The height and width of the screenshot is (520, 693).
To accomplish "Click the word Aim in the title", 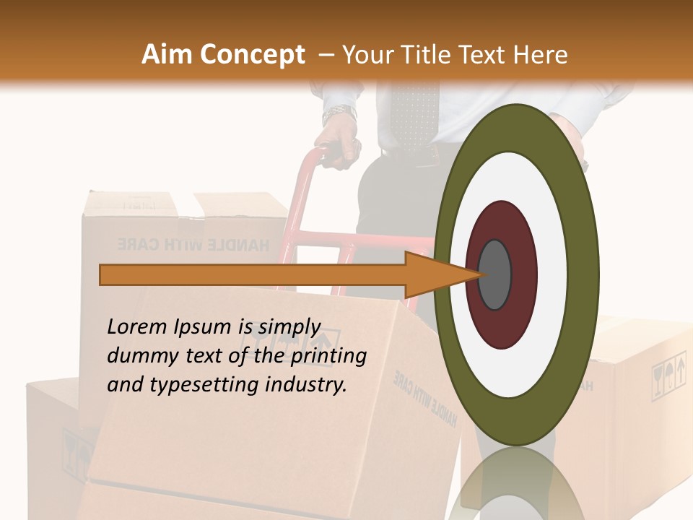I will point(167,55).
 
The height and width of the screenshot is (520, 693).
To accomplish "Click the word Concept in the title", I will point(252,55).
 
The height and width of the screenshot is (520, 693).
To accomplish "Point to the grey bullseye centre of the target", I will point(494,275).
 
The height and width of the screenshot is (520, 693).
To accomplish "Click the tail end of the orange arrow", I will point(105,275).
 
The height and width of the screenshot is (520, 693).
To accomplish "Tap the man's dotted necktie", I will point(414,116).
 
